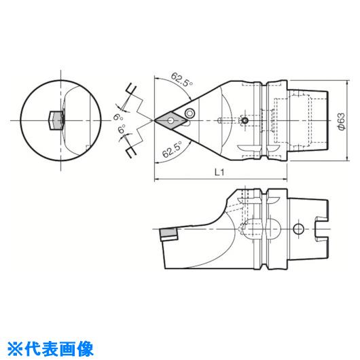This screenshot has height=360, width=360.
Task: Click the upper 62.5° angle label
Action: coord(182,79)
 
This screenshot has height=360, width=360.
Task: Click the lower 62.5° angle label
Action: coord(172,149)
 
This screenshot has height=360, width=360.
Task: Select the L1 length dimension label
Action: coord(219,172)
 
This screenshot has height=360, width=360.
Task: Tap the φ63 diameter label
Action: coord(342,122)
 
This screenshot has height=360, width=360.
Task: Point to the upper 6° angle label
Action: coord(118,118)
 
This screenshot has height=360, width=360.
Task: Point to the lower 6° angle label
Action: coord(122,128)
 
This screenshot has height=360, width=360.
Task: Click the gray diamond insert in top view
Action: coord(170,120)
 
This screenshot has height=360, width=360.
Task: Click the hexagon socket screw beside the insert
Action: coord(190,113)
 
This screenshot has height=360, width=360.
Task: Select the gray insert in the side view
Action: coord(168,233)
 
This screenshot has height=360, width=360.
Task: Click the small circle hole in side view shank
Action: coord(298,229)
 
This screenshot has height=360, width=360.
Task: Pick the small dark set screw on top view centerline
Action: coord(245,120)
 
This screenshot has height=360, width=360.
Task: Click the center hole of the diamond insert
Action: coord(170,120)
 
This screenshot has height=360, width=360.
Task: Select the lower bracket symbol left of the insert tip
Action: coord(131,151)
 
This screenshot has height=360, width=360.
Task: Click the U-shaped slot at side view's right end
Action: coord(321,229)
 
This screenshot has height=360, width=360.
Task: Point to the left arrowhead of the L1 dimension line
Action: coord(157,179)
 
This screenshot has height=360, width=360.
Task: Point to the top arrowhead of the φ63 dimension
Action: coord(347,82)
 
